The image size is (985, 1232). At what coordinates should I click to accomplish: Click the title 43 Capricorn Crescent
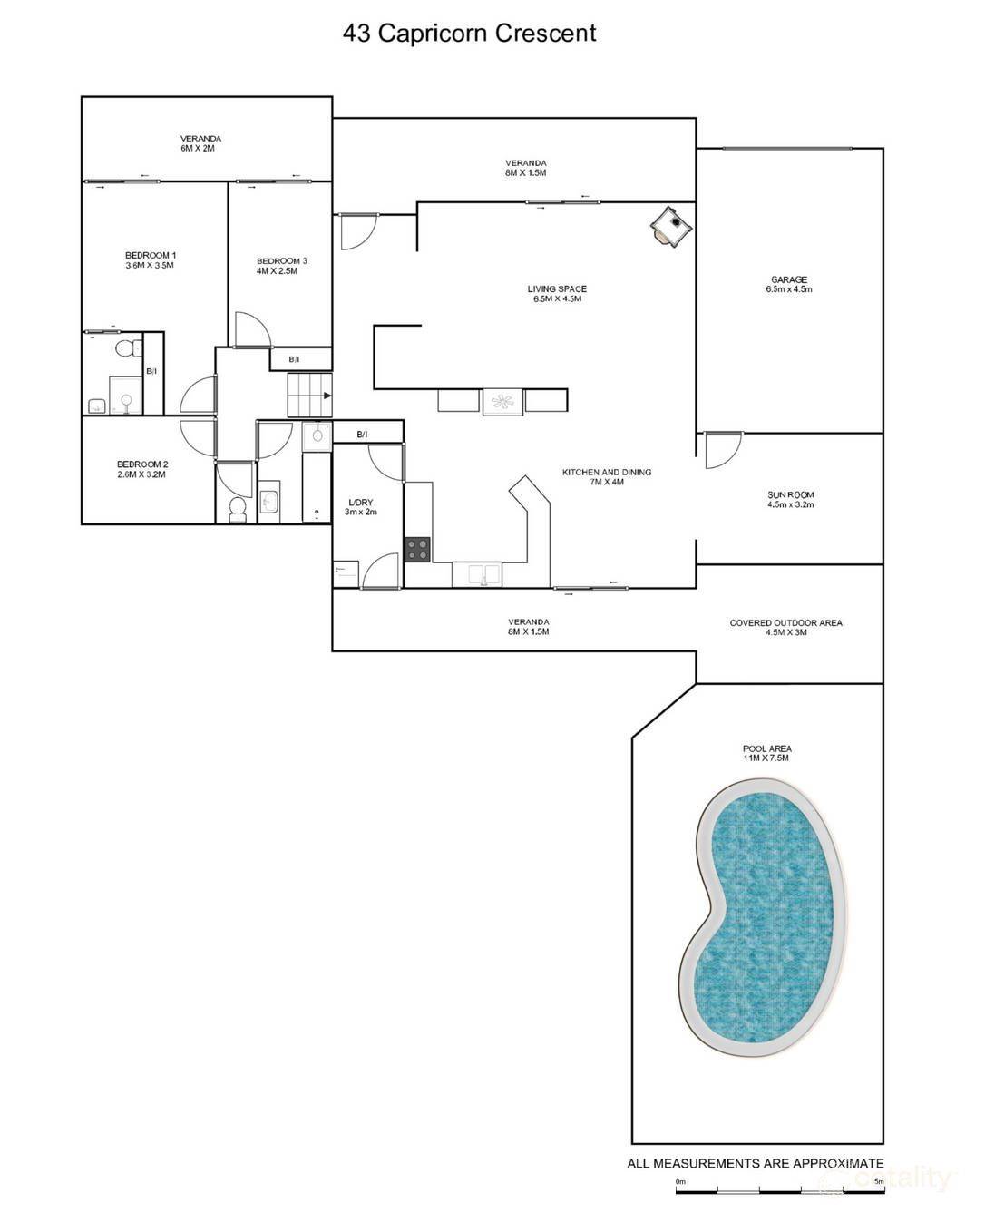(x=469, y=34)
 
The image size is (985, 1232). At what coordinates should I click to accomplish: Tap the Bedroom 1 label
(x=151, y=260)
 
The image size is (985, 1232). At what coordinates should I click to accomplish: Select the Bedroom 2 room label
(x=142, y=469)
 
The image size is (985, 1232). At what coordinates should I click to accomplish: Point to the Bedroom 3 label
(x=282, y=266)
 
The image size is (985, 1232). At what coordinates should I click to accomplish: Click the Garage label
(x=789, y=284)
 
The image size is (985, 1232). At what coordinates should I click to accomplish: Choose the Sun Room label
(x=790, y=499)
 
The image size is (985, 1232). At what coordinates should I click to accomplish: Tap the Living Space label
(x=557, y=294)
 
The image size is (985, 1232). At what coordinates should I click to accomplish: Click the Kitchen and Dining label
(x=607, y=476)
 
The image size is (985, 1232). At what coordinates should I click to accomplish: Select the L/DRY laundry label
(x=361, y=507)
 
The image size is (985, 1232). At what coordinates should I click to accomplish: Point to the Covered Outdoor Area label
(x=785, y=627)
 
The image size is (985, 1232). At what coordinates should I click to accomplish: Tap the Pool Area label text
(x=767, y=753)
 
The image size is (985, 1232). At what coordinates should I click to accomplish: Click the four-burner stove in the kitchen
(x=418, y=549)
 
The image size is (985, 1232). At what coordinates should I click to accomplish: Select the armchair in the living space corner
(x=672, y=225)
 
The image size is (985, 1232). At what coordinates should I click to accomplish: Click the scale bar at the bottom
(x=780, y=1189)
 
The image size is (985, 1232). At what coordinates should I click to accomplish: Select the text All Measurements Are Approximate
(x=756, y=1163)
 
